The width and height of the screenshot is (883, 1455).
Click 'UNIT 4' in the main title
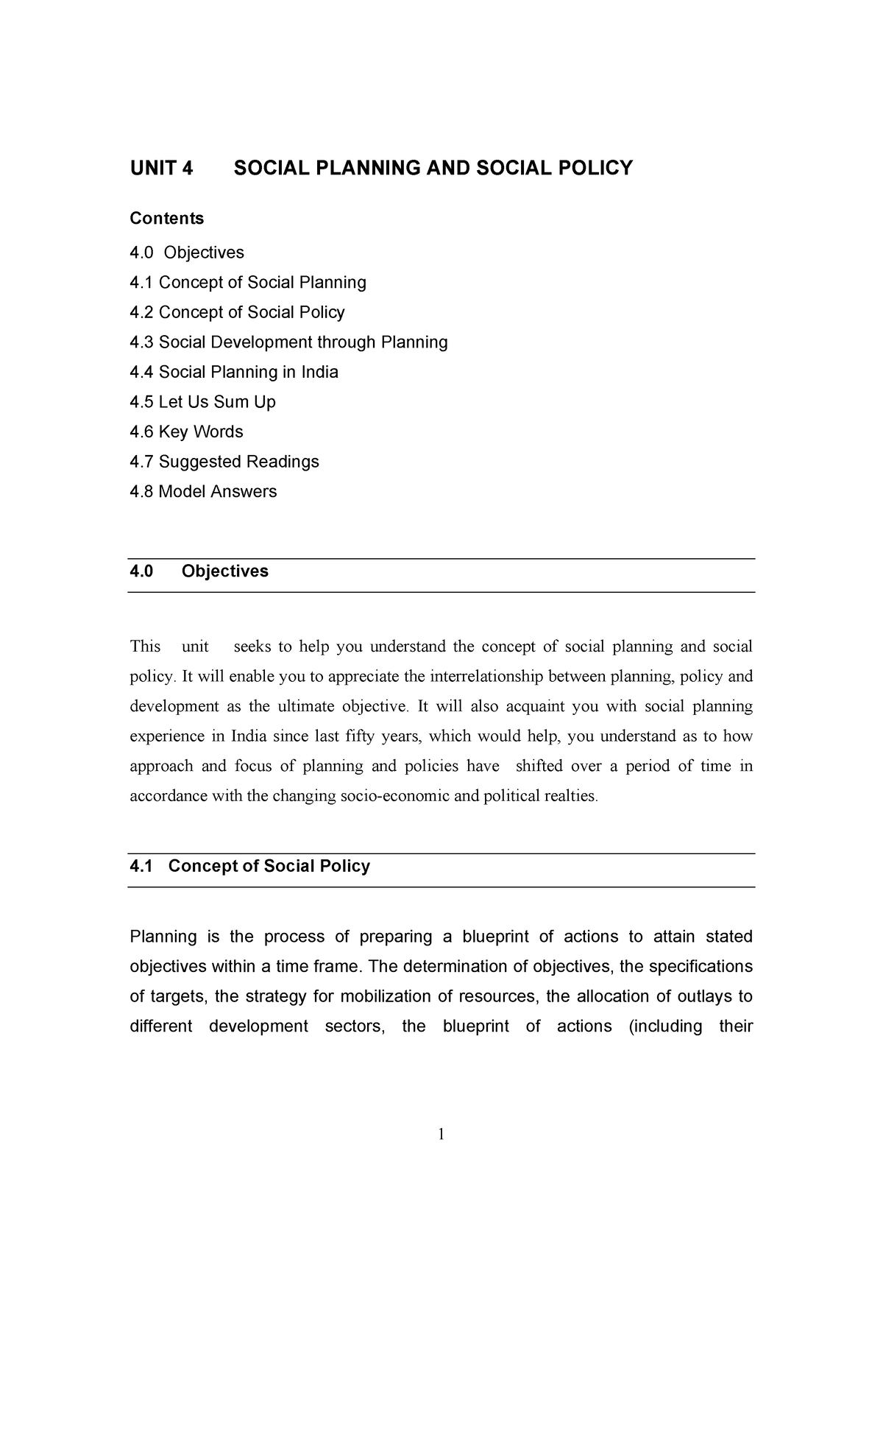click(161, 169)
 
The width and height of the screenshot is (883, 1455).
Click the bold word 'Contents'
click(166, 219)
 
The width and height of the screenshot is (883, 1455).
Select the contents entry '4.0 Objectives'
click(187, 253)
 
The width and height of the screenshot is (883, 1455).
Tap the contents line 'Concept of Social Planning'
click(247, 283)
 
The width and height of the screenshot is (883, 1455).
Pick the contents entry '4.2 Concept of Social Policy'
click(237, 312)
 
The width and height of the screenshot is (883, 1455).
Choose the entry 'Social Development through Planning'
click(288, 342)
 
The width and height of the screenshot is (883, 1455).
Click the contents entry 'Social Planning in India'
click(234, 373)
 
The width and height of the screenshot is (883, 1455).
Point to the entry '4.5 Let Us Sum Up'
click(202, 402)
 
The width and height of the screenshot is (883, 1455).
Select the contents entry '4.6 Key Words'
click(186, 432)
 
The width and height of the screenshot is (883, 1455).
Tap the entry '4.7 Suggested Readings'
click(224, 462)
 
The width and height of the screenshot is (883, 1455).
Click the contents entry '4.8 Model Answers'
click(203, 492)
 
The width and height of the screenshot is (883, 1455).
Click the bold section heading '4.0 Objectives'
click(199, 571)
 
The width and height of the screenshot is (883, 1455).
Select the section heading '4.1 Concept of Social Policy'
click(249, 866)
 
